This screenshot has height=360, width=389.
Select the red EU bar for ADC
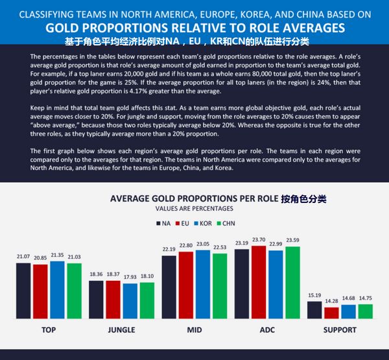point(258,282)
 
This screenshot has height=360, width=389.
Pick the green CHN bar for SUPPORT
point(366,311)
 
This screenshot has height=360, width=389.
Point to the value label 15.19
point(314,296)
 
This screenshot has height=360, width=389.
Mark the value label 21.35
point(56,256)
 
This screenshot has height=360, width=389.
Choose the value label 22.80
point(185,245)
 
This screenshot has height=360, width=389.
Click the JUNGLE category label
point(121,330)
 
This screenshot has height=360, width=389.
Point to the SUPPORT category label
point(340,330)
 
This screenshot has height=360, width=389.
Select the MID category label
point(194,330)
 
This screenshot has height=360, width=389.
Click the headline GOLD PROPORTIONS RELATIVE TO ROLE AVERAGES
point(194,29)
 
